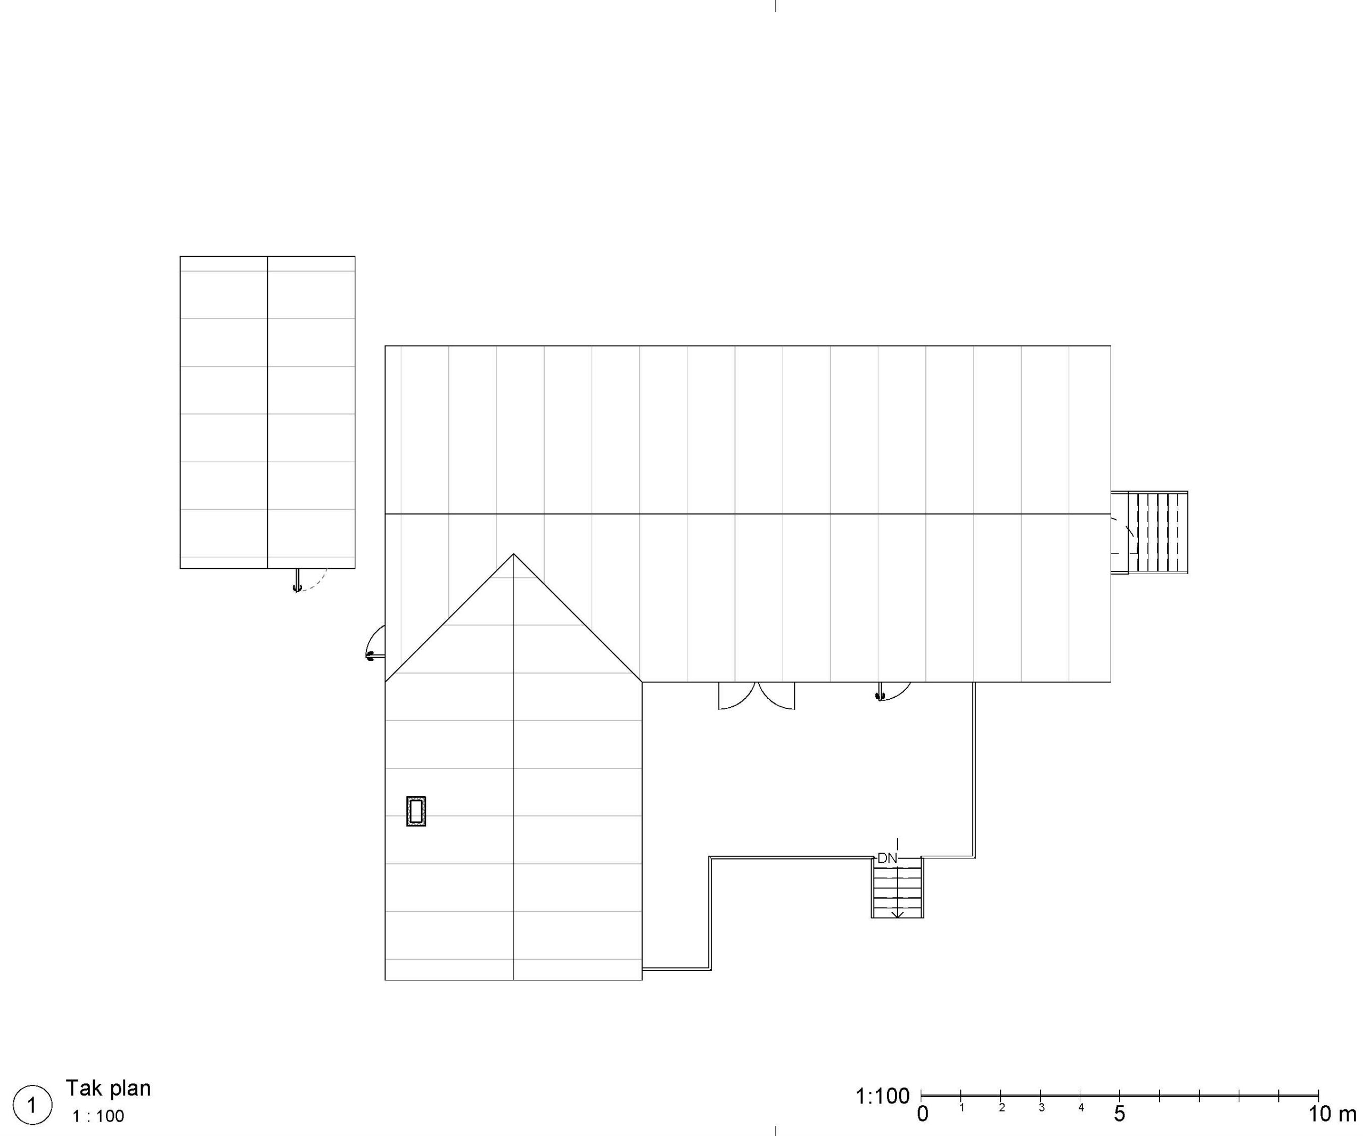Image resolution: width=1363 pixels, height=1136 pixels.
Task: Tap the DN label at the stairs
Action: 887,858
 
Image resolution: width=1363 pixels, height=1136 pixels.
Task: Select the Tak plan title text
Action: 109,1088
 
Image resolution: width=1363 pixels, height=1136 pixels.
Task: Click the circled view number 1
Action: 32,1104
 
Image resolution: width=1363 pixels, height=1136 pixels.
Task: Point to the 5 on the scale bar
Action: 1120,1114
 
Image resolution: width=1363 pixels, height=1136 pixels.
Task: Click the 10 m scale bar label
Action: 1331,1114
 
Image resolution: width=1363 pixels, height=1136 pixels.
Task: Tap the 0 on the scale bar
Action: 922,1114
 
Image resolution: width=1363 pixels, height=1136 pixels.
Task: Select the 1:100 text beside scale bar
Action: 883,1097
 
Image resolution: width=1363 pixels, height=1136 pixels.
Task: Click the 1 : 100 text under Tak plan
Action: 98,1116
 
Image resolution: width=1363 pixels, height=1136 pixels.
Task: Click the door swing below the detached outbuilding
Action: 310,579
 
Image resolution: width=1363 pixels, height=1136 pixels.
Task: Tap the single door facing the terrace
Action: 894,692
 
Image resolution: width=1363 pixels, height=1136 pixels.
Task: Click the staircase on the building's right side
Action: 1149,532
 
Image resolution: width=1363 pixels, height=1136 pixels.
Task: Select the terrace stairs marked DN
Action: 897,887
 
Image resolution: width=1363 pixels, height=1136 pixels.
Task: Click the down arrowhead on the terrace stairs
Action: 898,914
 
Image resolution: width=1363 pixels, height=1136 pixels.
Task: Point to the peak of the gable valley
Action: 513,554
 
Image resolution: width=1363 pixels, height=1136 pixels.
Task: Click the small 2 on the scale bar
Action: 1001,1107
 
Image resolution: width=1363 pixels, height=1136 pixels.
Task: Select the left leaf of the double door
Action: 737,696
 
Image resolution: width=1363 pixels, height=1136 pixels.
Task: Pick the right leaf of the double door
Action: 777,696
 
